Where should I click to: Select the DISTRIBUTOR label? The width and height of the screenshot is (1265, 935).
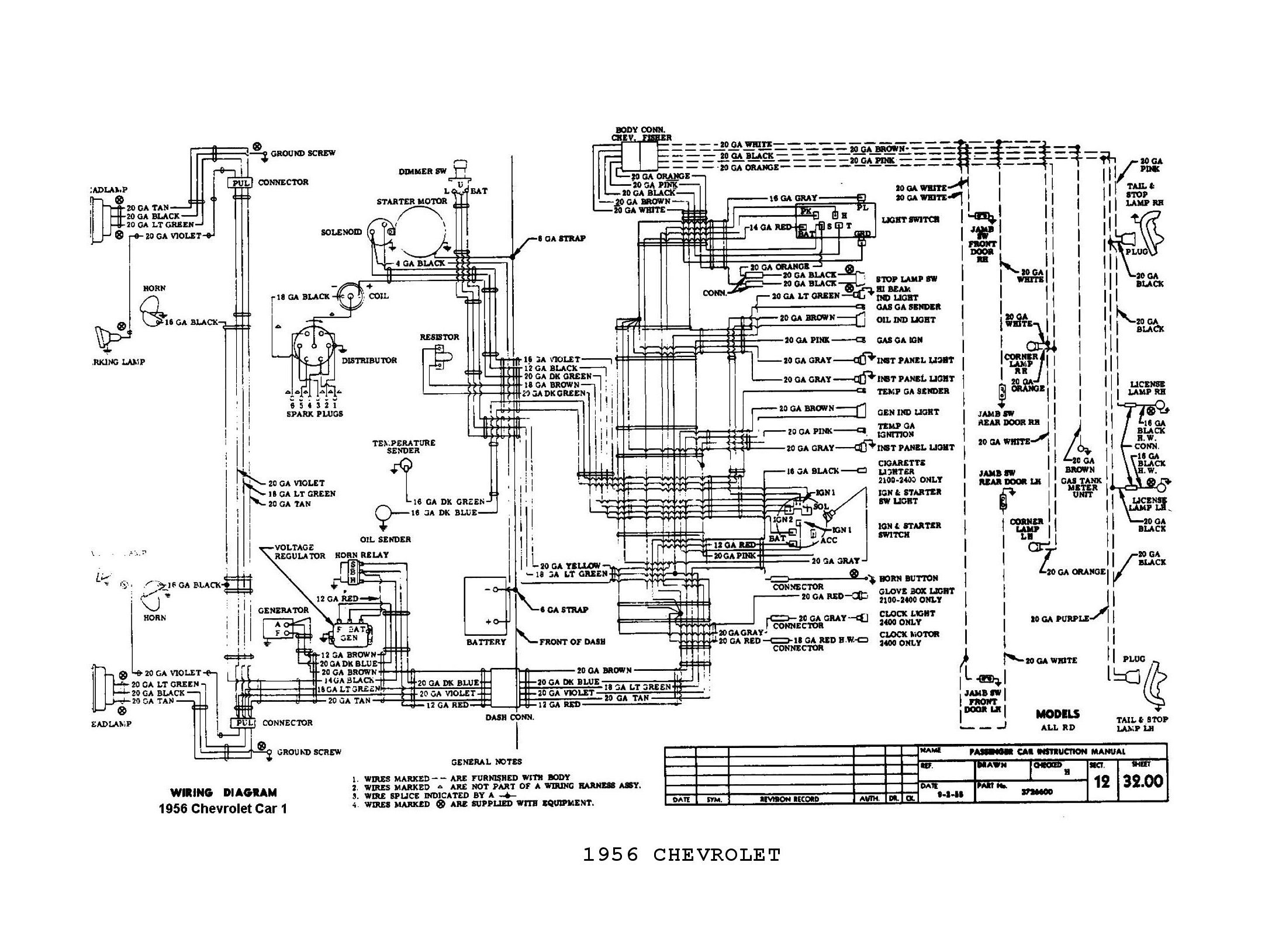click(369, 361)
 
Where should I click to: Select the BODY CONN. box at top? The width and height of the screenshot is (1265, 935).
click(640, 156)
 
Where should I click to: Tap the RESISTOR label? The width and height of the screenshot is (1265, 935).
click(440, 337)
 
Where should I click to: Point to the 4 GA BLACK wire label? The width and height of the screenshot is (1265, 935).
click(420, 264)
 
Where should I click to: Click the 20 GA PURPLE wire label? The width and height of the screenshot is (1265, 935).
click(1060, 618)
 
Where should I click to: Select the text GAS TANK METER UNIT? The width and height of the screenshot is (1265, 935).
click(1081, 487)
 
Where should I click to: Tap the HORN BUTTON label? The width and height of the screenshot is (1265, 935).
click(908, 578)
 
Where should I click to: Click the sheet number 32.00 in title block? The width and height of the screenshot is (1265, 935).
click(1143, 781)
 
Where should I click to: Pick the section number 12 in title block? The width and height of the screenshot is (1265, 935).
click(1101, 782)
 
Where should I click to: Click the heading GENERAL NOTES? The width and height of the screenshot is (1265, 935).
click(486, 761)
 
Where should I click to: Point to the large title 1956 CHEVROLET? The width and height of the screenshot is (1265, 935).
click(682, 855)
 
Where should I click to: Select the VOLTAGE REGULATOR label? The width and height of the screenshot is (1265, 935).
click(300, 552)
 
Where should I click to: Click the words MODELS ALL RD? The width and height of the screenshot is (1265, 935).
click(1057, 720)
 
